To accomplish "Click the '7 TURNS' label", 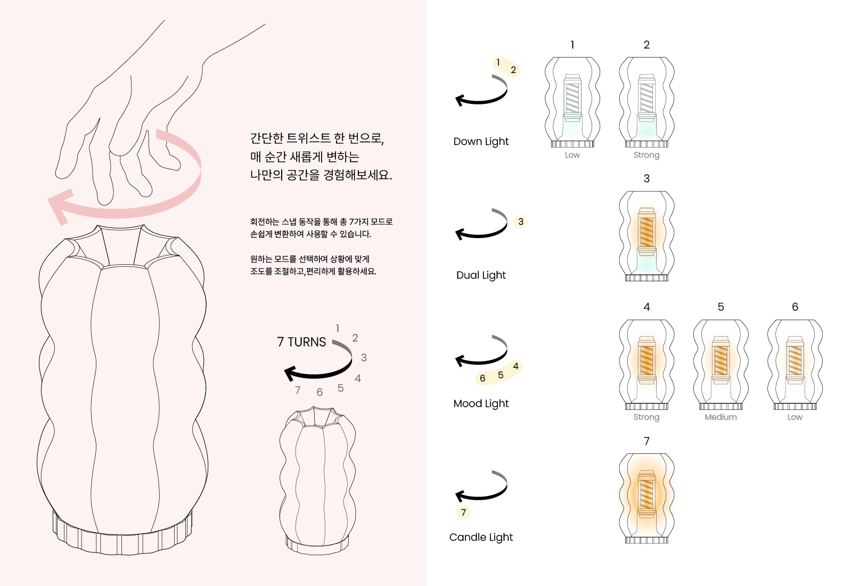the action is point(301,341).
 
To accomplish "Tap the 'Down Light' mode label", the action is point(481,142).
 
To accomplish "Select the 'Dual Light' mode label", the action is point(481,275).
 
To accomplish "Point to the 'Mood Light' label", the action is point(481,403).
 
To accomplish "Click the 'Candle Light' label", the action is point(481,537).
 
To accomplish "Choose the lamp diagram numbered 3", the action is point(646,236).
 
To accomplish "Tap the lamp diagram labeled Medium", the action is point(721,364).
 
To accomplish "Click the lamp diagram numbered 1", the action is point(572,102).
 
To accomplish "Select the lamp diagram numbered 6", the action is point(795,364).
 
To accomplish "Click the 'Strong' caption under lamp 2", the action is point(646,155).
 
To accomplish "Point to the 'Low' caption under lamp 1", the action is point(572,155).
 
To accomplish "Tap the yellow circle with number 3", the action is point(521,222).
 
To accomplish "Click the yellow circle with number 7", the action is point(463,512).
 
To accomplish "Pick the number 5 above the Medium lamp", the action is point(721,307).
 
